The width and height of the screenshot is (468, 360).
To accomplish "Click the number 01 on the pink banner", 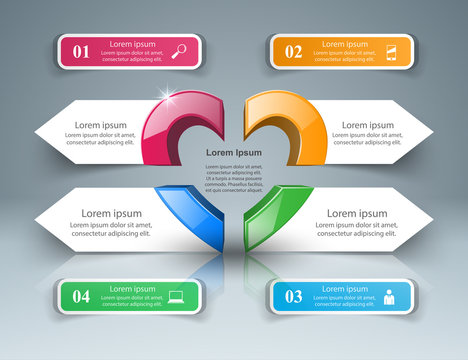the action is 81,51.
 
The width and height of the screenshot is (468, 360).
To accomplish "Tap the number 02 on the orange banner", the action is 292,51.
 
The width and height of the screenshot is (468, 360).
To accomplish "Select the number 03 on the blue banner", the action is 293,295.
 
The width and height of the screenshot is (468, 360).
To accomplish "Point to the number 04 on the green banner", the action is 81,296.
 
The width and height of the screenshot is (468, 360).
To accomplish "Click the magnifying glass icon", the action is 182,51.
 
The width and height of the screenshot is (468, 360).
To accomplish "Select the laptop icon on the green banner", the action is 177,295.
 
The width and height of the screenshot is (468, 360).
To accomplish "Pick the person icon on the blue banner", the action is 389,295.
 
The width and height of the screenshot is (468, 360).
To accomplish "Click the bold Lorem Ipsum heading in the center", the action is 234,152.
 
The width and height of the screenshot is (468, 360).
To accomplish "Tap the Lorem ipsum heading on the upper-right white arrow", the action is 366,125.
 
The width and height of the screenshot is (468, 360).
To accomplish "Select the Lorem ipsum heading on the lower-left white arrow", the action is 112,213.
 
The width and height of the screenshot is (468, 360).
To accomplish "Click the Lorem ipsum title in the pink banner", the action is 132,44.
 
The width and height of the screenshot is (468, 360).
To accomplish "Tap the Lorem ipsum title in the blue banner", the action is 343,288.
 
